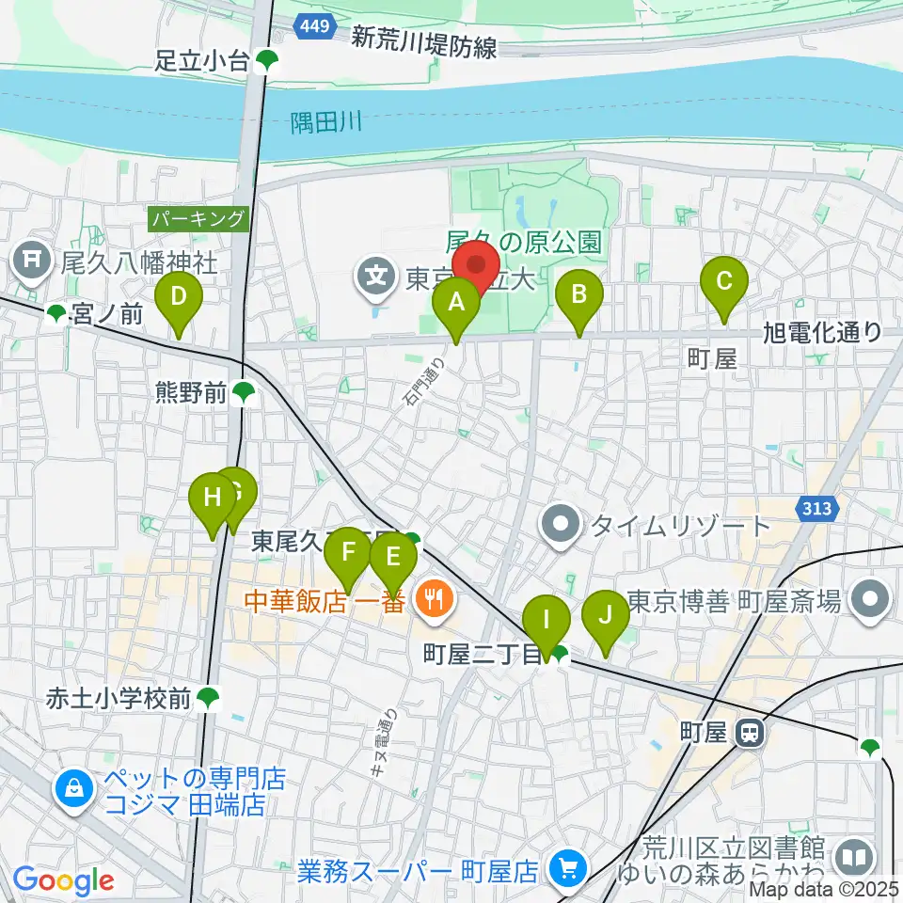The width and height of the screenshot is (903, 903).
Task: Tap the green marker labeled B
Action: [579, 295]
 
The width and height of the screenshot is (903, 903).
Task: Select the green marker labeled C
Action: [724, 281]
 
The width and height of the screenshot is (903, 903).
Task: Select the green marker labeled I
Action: [546, 621]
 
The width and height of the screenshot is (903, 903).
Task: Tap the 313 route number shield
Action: [817, 509]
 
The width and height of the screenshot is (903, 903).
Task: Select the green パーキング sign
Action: [198, 219]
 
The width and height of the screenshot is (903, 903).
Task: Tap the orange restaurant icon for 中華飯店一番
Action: [434, 596]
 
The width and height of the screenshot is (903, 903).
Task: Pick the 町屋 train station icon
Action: [749, 731]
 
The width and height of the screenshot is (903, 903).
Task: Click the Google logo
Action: [63, 879]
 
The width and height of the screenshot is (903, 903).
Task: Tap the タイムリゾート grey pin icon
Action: [562, 525]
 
